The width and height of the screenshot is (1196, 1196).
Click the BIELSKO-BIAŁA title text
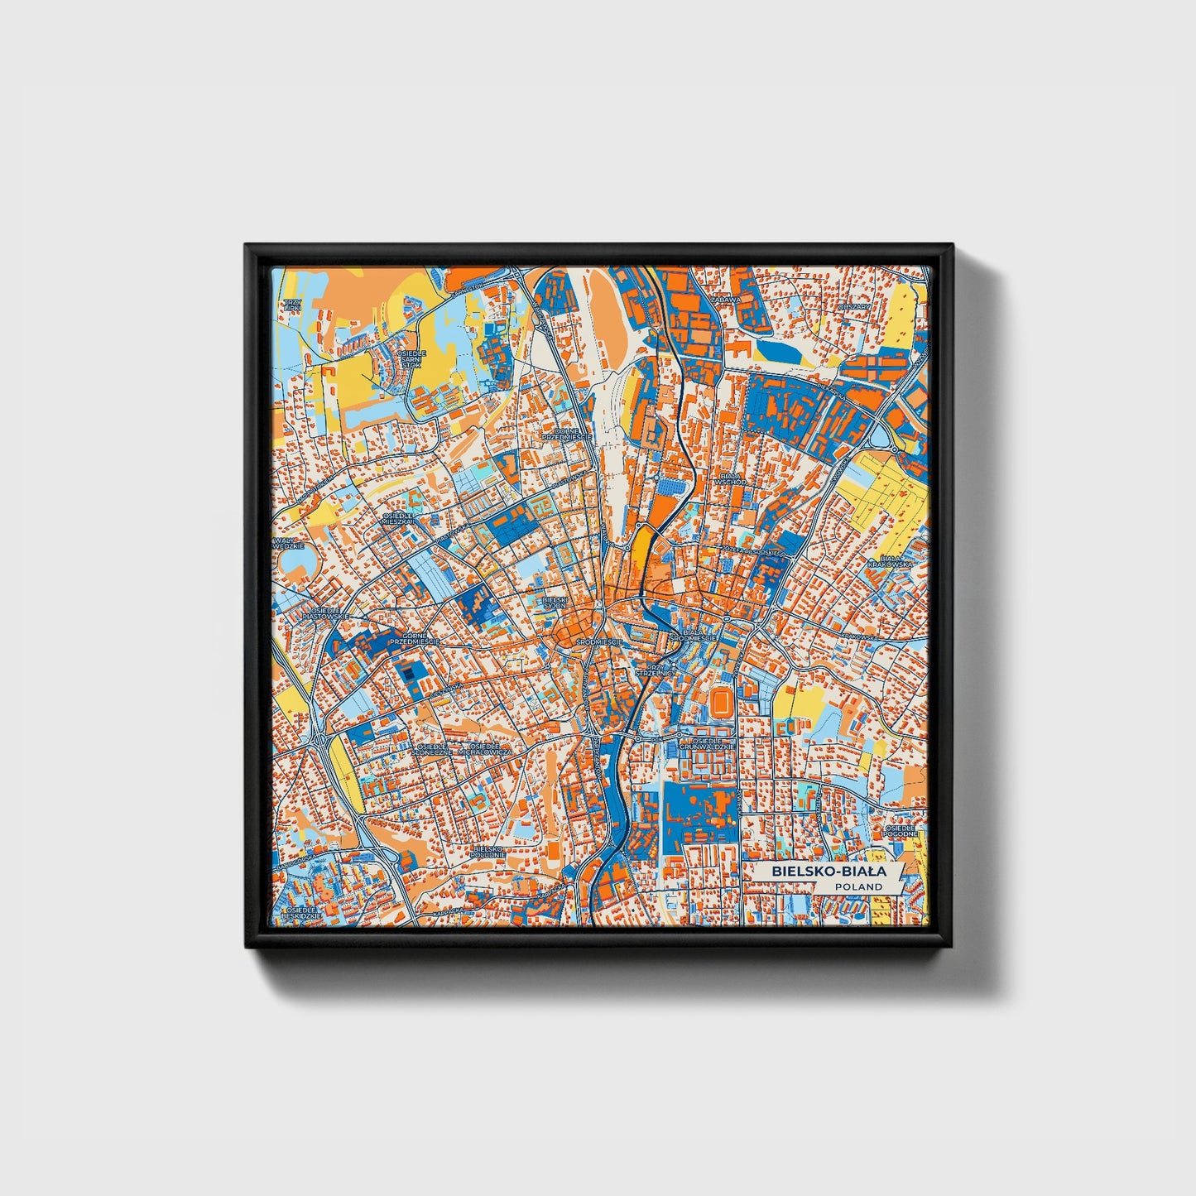[829, 872]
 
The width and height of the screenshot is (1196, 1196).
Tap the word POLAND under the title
[858, 886]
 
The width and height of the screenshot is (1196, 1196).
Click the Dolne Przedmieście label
[566, 433]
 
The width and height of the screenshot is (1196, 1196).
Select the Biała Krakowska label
[890, 562]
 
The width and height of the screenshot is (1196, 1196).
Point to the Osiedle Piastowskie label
[315, 614]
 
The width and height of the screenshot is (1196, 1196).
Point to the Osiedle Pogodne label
[901, 830]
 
